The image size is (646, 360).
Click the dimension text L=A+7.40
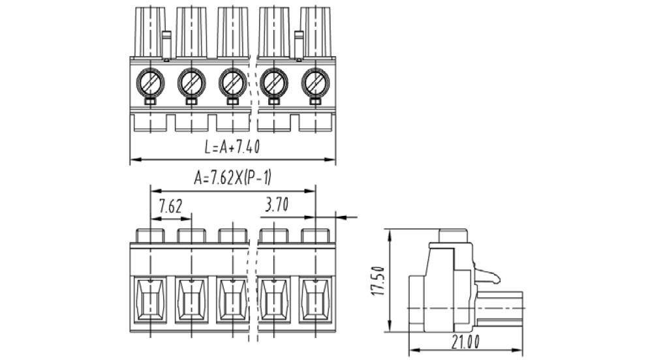click(x=232, y=147)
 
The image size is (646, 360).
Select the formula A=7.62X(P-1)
click(x=232, y=178)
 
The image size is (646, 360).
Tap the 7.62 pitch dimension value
click(x=170, y=207)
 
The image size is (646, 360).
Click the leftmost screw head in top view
click(x=150, y=83)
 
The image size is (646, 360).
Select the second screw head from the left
click(x=191, y=83)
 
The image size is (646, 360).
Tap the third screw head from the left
click(x=232, y=83)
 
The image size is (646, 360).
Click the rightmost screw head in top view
click(x=315, y=83)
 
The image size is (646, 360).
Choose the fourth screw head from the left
click(x=274, y=83)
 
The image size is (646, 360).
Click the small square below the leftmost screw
click(x=150, y=102)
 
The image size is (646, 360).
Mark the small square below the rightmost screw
click(x=315, y=102)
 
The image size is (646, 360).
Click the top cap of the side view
click(x=454, y=235)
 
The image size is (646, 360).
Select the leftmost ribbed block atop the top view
click(x=149, y=32)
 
